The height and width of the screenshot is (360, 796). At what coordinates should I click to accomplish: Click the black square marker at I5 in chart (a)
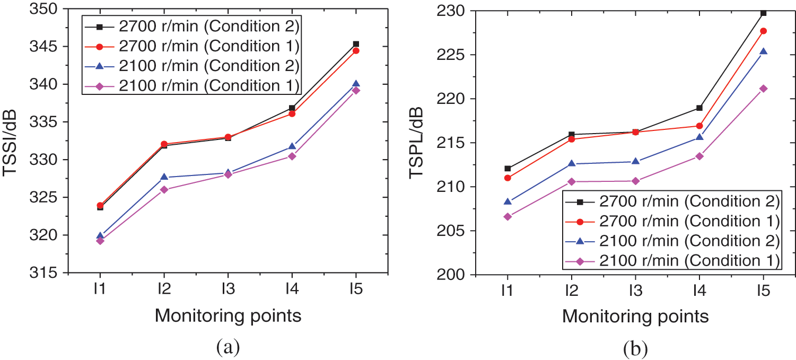[x=356, y=44]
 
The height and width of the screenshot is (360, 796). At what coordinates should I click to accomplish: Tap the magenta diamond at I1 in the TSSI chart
[x=100, y=241]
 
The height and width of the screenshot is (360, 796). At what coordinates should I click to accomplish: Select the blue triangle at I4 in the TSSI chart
[x=292, y=146]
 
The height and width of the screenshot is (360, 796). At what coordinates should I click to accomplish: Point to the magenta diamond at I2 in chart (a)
[x=164, y=189]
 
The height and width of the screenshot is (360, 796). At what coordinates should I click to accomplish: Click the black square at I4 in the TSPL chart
[x=699, y=108]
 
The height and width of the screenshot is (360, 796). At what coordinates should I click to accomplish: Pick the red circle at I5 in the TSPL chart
[x=763, y=31]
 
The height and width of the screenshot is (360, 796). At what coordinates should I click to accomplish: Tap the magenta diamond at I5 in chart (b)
[x=763, y=89]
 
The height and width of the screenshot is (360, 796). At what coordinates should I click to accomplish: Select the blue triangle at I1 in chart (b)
[x=508, y=201]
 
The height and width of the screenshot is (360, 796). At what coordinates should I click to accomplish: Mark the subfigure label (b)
[x=635, y=349]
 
